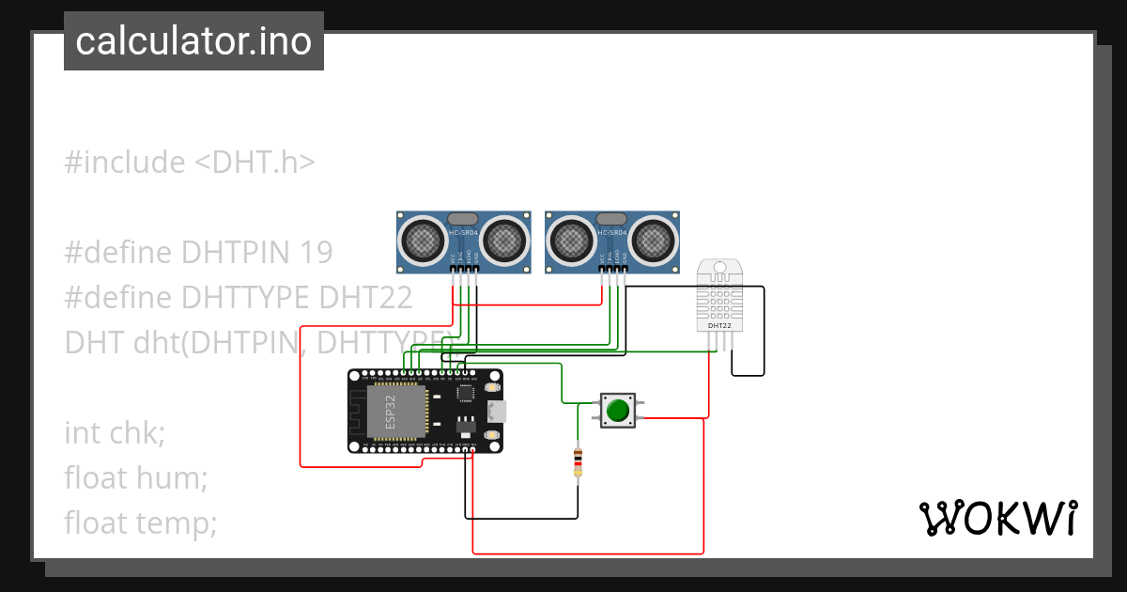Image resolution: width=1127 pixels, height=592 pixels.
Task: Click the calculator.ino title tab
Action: [x=193, y=41]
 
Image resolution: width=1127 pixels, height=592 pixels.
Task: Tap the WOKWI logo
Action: [x=997, y=518]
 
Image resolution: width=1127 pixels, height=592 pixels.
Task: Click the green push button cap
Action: [x=617, y=411]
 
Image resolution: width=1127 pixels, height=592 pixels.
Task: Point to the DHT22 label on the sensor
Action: [x=719, y=326]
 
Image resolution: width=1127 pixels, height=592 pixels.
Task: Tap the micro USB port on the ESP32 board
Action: [x=495, y=412]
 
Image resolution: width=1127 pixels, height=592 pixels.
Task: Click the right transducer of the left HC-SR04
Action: [x=505, y=241]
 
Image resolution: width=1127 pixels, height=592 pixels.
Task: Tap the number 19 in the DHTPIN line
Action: [x=316, y=252]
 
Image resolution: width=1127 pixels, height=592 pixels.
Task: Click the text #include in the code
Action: [x=125, y=163]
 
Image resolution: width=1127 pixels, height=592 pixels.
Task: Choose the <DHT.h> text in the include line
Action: [x=255, y=163]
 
